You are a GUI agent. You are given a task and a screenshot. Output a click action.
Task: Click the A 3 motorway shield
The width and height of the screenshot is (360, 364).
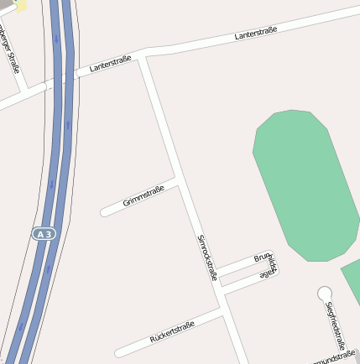[44, 234]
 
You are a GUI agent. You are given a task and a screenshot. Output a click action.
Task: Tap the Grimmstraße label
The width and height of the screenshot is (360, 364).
[143, 196]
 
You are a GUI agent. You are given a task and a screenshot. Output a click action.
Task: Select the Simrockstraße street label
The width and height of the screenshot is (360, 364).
[206, 257]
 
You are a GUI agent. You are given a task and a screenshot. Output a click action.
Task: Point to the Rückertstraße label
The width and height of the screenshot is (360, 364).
[172, 331]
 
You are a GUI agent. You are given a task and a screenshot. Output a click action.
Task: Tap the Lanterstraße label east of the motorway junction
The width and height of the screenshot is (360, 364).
[110, 65]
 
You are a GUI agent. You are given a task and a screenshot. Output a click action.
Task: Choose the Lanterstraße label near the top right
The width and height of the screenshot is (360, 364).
[256, 33]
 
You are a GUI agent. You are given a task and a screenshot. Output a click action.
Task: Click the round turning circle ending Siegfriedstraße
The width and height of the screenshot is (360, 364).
[325, 293]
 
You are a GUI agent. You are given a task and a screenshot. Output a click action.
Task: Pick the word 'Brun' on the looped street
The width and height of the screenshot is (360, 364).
[263, 258]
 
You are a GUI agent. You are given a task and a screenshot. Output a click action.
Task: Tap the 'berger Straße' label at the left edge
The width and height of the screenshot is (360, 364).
[9, 50]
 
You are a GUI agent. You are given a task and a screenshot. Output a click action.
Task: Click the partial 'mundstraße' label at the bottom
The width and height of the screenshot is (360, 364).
[328, 360]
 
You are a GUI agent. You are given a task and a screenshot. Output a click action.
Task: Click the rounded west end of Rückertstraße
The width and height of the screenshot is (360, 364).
[120, 352]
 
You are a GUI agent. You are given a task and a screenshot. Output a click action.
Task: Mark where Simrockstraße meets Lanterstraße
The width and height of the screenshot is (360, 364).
[143, 56]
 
